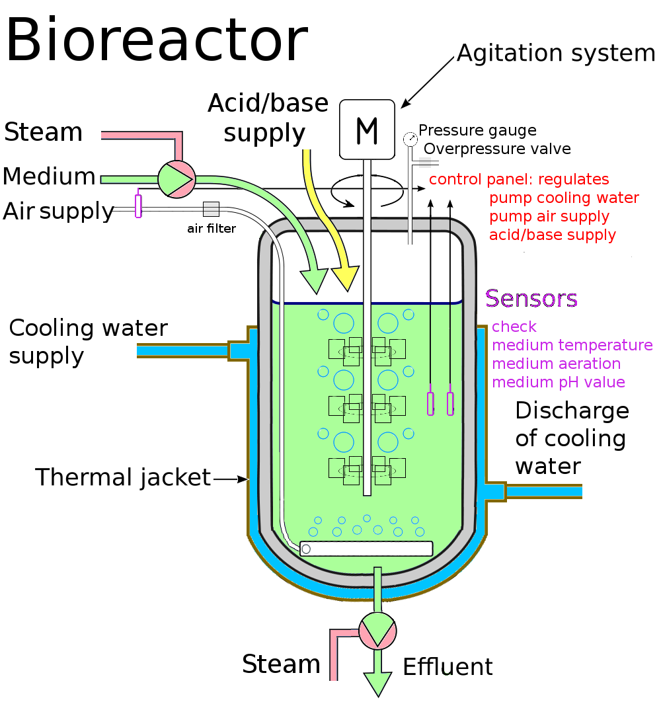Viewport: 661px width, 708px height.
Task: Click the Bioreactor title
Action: point(157,41)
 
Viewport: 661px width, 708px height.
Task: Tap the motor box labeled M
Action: point(367,130)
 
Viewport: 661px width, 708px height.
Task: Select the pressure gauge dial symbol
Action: point(410,139)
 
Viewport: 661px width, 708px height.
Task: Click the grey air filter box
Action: point(211,209)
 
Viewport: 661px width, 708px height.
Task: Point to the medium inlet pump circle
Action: point(176,178)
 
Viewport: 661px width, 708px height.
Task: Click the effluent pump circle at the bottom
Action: point(377,631)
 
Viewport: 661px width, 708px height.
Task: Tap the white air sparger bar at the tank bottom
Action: point(366,549)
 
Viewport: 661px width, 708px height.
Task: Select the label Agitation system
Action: point(555,53)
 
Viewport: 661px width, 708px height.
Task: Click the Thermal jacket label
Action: point(123,477)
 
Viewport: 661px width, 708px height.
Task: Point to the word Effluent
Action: point(447,666)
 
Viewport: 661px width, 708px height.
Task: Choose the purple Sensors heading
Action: point(531,298)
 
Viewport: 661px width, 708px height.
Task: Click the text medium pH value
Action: point(559,382)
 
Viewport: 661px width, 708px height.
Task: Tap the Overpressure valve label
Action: point(497,148)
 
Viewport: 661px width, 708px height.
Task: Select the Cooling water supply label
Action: point(88,341)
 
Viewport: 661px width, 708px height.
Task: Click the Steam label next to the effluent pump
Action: point(281,664)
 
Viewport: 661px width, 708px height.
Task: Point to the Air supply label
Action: point(59,211)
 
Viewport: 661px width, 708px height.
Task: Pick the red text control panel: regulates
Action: point(519,179)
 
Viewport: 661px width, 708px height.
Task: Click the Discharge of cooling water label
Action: point(572,438)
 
